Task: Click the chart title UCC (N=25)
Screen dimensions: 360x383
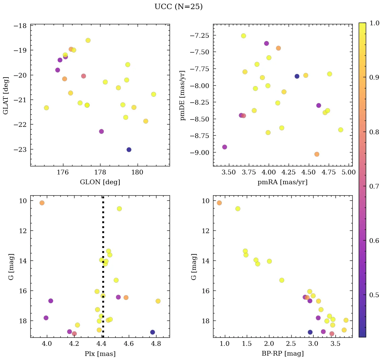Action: coord(178,7)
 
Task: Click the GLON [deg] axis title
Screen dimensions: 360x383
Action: coord(100,182)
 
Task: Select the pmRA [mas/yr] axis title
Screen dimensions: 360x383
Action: coord(283,182)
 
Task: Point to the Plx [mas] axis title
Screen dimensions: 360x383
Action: coord(100,354)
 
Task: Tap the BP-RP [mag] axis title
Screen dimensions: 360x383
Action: coord(283,354)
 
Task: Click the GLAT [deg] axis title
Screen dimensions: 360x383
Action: coord(6,95)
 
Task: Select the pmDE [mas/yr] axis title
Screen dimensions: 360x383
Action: coord(183,95)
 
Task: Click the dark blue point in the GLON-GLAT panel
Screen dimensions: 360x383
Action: coord(129,150)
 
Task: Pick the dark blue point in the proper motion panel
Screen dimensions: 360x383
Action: coord(297,76)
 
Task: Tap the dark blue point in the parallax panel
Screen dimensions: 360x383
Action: coord(152,332)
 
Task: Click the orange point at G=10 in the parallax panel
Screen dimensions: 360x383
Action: coord(42,203)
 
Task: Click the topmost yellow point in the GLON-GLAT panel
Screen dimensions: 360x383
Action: coord(88,40)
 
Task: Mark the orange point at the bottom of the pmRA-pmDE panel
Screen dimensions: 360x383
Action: coord(317,154)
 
